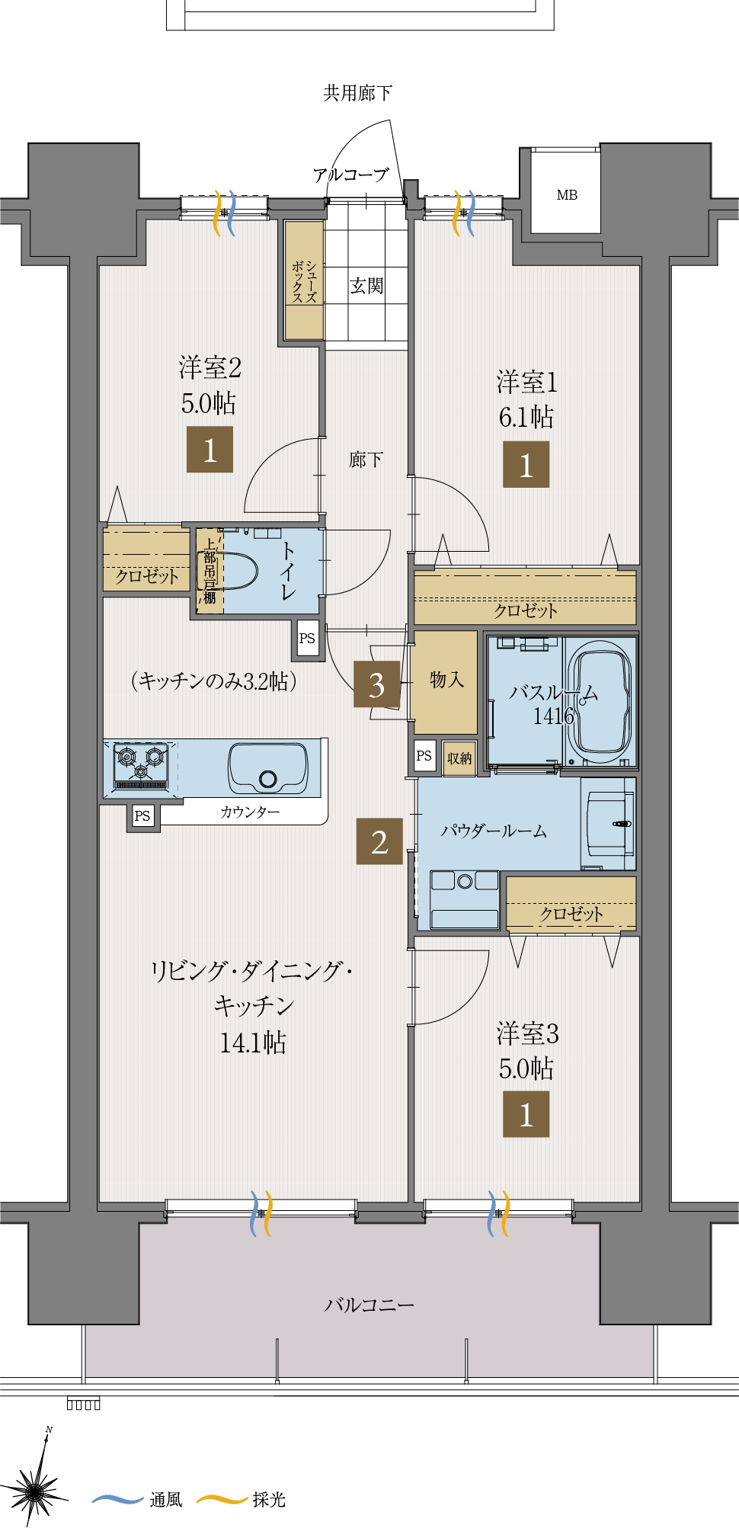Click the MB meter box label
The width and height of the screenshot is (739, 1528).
pyautogui.click(x=567, y=195)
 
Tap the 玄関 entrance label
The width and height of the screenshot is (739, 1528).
pyautogui.click(x=366, y=286)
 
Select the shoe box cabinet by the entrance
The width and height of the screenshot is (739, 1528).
pyautogui.click(x=304, y=280)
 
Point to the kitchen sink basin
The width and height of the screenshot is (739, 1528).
pyautogui.click(x=268, y=768)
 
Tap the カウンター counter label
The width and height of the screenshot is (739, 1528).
pyautogui.click(x=250, y=812)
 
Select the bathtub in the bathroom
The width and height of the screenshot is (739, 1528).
pyautogui.click(x=601, y=701)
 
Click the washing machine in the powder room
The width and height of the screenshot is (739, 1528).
pyautogui.click(x=465, y=899)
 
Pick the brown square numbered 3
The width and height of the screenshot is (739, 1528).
pyautogui.click(x=377, y=684)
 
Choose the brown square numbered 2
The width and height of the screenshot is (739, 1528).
pyautogui.click(x=379, y=841)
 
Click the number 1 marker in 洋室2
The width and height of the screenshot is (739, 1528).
pyautogui.click(x=210, y=450)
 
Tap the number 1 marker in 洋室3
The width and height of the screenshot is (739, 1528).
pyautogui.click(x=526, y=1114)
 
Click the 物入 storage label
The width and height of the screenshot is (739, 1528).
pyautogui.click(x=446, y=679)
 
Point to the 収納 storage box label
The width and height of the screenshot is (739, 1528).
pyautogui.click(x=459, y=758)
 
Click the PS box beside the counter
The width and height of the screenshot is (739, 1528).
pyautogui.click(x=142, y=816)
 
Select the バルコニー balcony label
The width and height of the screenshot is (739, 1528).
pyautogui.click(x=369, y=1305)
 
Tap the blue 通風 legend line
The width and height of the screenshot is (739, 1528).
pyautogui.click(x=117, y=1499)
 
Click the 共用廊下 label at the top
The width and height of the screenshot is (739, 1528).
pyautogui.click(x=358, y=93)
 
